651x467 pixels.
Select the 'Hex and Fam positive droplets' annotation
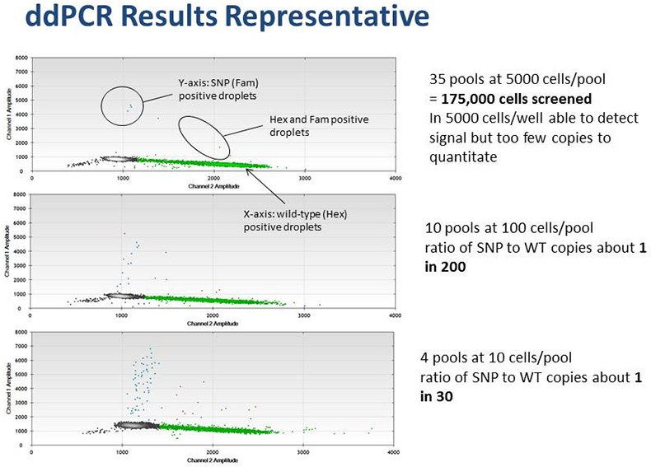point(319,126)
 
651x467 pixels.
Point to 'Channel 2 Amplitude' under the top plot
point(213,185)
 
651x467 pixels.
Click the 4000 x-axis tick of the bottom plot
point(395,451)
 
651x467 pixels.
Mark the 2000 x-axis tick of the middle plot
point(213,315)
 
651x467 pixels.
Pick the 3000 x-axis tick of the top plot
point(304,178)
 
